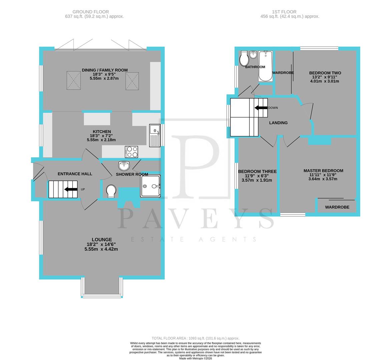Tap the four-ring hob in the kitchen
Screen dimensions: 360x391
pos(131,152)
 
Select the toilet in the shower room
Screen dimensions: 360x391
pos(111,191)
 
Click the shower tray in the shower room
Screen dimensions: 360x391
pos(150,186)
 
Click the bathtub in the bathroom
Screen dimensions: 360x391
pos(266,66)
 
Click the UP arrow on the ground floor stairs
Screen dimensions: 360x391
pos(71,189)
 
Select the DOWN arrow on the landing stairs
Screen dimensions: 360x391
pos(261,108)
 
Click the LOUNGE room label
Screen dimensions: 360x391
pos(102,239)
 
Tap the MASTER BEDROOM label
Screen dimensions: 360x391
pos(323,171)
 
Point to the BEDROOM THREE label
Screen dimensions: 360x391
pos(257,172)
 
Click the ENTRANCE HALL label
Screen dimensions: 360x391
pos(75,174)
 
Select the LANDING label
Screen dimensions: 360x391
pos(278,123)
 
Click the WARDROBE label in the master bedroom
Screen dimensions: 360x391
pos(337,207)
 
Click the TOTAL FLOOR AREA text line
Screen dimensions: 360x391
pos(195,338)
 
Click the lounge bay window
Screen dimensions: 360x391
pos(102,295)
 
